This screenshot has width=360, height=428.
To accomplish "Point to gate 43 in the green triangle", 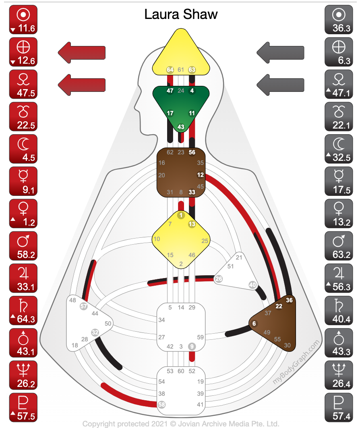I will pyautogui.click(x=181, y=127).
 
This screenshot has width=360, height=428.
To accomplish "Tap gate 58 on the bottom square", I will pyautogui.click(x=162, y=404).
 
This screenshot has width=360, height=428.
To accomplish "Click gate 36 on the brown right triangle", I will pyautogui.click(x=289, y=300).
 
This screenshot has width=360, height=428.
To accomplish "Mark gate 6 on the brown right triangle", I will pyautogui.click(x=254, y=323).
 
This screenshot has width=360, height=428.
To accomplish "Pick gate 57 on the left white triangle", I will pyautogui.click(x=83, y=306).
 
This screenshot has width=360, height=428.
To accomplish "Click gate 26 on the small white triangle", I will pyautogui.click(x=219, y=278).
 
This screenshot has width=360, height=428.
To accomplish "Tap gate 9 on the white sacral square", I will pyautogui.click(x=192, y=346).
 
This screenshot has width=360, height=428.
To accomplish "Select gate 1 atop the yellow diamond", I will pyautogui.click(x=181, y=215).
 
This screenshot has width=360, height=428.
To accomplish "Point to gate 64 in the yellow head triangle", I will pyautogui.click(x=170, y=70).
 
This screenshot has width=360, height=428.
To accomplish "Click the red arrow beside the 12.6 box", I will pyautogui.click(x=82, y=52).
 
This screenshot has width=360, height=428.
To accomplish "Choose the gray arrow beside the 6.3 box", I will pyautogui.click(x=280, y=52).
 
